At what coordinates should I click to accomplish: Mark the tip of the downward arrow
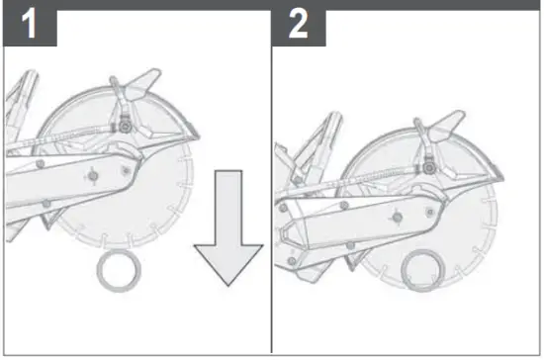(227, 284)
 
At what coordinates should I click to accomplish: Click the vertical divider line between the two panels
(272, 198)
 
